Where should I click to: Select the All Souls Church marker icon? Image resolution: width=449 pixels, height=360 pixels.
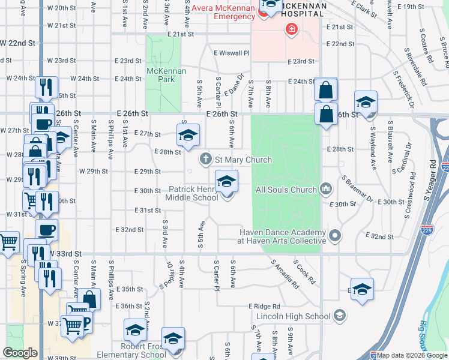326,189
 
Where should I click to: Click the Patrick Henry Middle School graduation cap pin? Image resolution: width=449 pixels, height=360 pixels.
226,181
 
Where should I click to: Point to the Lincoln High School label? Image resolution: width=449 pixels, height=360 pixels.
293,316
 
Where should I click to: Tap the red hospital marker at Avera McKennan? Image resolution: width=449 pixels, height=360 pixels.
292,29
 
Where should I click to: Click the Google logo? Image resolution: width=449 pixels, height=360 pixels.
20,353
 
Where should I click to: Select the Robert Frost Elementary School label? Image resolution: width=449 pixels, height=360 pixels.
131,351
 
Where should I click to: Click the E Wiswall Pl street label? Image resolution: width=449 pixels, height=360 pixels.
232,53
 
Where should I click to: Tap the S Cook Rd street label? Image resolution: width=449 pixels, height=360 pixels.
304,272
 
